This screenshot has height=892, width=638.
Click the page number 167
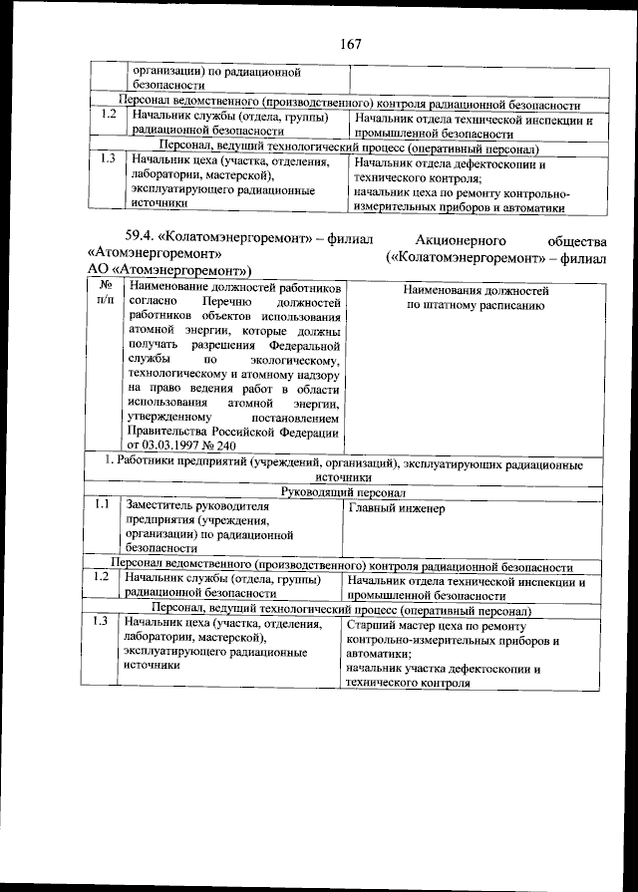click(348, 44)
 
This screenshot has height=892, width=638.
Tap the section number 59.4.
click(145, 240)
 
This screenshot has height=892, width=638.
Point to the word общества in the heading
click(577, 240)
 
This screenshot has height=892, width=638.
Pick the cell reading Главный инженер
click(397, 509)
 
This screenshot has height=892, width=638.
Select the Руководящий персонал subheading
click(341, 492)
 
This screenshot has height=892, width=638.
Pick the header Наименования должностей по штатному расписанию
click(477, 297)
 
